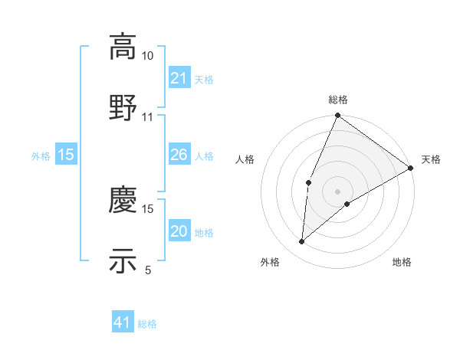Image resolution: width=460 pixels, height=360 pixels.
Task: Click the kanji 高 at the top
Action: click(123, 47)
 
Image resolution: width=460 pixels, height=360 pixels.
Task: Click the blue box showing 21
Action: click(179, 77)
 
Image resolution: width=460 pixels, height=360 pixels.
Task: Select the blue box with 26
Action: click(179, 155)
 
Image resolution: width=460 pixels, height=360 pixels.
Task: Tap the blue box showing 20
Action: click(179, 231)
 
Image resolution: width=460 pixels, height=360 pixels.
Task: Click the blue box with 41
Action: click(123, 322)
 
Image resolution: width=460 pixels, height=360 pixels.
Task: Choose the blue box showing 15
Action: click(66, 155)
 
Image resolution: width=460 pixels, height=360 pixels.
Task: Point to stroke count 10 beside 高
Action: click(148, 56)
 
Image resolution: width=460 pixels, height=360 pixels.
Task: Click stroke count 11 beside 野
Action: click(148, 116)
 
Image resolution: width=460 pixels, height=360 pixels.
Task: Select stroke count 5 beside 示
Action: click(148, 269)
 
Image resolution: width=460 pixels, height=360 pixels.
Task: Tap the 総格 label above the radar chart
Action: click(338, 100)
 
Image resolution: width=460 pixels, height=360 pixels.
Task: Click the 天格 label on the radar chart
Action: click(431, 159)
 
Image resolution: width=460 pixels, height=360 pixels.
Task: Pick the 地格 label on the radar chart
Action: click(402, 262)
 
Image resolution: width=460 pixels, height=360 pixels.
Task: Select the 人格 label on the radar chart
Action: click(245, 159)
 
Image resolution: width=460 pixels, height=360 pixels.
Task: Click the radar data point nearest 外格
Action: click(301, 242)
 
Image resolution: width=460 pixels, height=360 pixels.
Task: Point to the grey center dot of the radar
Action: click(337, 191)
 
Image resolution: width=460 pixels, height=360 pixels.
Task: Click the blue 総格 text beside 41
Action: click(147, 323)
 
